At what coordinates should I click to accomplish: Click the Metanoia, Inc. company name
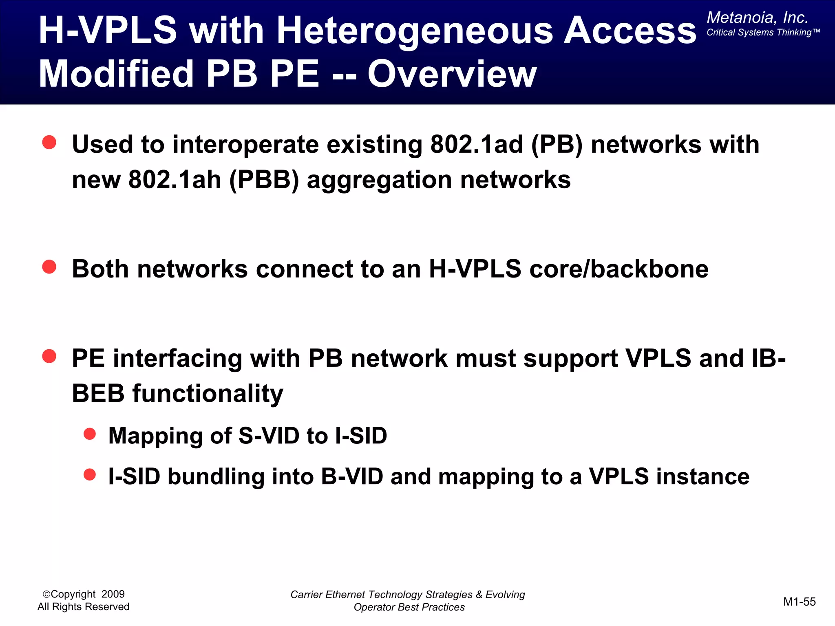(757, 18)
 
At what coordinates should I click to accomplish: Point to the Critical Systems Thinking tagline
(763, 33)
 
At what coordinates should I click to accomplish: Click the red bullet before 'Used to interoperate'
(49, 142)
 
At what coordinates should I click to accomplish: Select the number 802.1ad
(477, 144)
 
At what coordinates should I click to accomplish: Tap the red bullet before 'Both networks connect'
(49, 267)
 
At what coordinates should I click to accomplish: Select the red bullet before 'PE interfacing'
(49, 356)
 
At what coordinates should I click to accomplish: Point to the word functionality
(208, 394)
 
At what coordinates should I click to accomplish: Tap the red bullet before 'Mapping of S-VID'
(90, 434)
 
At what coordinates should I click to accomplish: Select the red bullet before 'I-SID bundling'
(90, 474)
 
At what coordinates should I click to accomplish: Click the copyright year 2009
(113, 594)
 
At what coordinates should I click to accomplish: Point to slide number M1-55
(799, 602)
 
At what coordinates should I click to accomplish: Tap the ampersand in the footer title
(479, 595)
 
